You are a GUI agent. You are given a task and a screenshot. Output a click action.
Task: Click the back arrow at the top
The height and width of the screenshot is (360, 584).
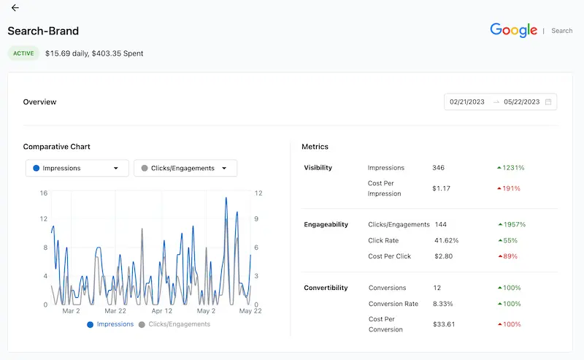coord(15,8)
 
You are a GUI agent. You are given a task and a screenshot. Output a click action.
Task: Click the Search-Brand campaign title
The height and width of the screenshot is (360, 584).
coord(43,31)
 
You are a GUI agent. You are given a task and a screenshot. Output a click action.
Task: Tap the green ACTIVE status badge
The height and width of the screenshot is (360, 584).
coord(23,53)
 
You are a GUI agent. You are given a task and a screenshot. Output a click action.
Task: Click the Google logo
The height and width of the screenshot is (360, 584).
coord(513,30)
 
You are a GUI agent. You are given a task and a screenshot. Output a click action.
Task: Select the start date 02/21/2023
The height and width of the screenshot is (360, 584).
coord(468,102)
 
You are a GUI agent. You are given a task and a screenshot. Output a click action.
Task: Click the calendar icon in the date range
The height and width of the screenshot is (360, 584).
coord(548,102)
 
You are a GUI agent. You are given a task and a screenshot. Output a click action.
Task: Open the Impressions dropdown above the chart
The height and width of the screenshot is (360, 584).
coord(77,168)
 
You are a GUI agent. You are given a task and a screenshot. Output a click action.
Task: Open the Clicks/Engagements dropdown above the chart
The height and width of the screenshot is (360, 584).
coord(185,168)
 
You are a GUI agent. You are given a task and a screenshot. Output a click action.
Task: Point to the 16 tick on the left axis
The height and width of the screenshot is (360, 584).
coord(44,194)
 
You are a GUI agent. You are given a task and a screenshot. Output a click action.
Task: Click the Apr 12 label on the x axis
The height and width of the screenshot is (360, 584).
coord(162,311)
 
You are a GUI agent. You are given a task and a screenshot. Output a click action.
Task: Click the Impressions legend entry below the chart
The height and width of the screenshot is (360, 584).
coord(111,324)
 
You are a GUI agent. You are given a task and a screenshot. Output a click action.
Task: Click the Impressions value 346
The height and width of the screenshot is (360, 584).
coord(438,168)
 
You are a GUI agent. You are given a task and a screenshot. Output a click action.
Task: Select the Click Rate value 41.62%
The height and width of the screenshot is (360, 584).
coord(446,240)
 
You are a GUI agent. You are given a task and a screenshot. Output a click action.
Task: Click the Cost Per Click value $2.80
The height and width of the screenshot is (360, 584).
coord(443,256)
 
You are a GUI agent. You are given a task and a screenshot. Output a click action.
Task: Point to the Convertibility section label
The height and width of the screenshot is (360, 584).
coord(326,288)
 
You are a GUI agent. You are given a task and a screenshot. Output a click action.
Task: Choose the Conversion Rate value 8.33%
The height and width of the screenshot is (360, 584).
coord(443,304)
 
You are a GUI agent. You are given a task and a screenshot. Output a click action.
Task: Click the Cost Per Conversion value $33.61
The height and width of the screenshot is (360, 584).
coord(445,324)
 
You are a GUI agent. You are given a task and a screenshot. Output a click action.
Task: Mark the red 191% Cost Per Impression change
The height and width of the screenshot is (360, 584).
coord(509,188)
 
